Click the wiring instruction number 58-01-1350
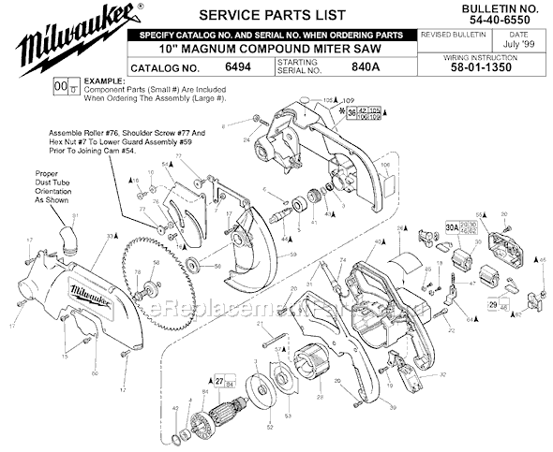point(499,68)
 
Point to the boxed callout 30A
point(451,226)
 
